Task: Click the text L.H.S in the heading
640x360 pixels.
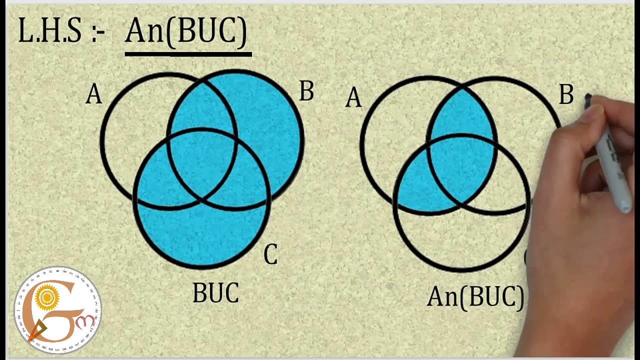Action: [x=49, y=31]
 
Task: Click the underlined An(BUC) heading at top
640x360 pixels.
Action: [x=186, y=31]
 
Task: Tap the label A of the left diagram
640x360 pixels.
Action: [x=93, y=94]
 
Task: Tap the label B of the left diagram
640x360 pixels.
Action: [x=306, y=92]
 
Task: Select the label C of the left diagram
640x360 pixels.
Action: [x=270, y=255]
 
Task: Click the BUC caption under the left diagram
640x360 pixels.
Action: [x=215, y=293]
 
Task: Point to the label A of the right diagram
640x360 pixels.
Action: [x=353, y=98]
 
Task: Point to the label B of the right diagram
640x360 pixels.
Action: [x=565, y=95]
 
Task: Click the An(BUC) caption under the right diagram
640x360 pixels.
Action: [x=475, y=297]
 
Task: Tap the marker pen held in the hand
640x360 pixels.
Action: [x=615, y=160]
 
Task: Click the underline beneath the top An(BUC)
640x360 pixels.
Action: [x=188, y=53]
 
